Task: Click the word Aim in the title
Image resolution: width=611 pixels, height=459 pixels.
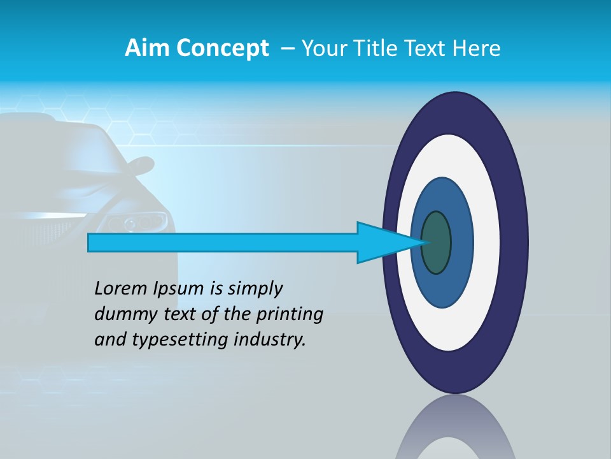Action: pyautogui.click(x=148, y=48)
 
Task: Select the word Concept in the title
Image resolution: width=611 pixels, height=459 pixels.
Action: pyautogui.click(x=223, y=48)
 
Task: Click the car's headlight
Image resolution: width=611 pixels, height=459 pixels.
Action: pyautogui.click(x=137, y=222)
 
